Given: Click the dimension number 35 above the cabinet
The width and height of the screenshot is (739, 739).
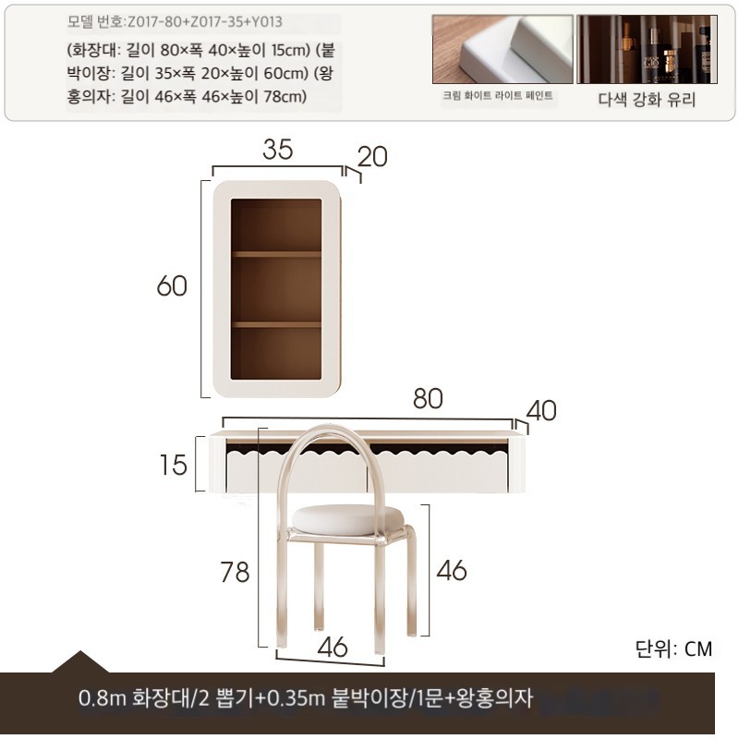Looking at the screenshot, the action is (x=278, y=149).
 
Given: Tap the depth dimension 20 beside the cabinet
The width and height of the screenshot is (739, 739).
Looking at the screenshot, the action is (x=372, y=156).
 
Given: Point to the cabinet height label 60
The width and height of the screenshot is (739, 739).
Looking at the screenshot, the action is (x=172, y=285).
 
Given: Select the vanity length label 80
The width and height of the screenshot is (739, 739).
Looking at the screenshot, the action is (x=428, y=398).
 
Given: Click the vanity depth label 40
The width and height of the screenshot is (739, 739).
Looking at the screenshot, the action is (x=541, y=410).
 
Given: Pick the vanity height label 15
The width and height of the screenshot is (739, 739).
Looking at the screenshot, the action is (x=174, y=465).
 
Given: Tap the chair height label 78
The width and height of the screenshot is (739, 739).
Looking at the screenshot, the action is (x=235, y=572).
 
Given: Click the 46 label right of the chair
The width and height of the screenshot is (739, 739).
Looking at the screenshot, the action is (x=452, y=570).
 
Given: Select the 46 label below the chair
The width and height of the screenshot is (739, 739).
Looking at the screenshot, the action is (x=333, y=647).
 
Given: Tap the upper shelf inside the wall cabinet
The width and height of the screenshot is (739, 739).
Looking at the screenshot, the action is (x=276, y=255).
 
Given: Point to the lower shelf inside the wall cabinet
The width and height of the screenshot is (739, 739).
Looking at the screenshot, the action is (x=276, y=325).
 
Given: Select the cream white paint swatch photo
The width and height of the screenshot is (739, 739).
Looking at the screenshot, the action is (x=503, y=49).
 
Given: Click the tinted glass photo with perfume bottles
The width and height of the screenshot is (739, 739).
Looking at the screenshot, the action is (x=648, y=49).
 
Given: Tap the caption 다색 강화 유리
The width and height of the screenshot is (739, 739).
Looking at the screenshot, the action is (x=647, y=100).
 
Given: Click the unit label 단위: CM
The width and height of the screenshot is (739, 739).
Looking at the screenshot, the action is (x=673, y=648).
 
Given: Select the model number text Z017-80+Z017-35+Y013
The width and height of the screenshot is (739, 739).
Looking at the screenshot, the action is (x=205, y=21).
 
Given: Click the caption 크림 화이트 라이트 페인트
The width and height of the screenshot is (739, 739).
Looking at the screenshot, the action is (x=498, y=96).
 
